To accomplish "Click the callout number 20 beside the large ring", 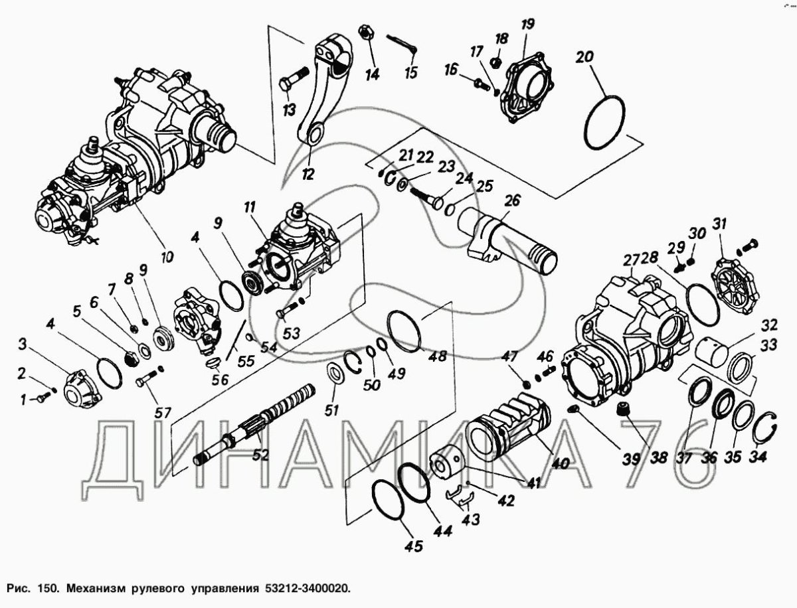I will pos(584,57).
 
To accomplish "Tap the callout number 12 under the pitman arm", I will pos(308,174).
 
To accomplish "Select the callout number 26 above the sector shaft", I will pos(512,200).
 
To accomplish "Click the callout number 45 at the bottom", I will pos(413,547).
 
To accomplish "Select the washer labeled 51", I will pos(336,372).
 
